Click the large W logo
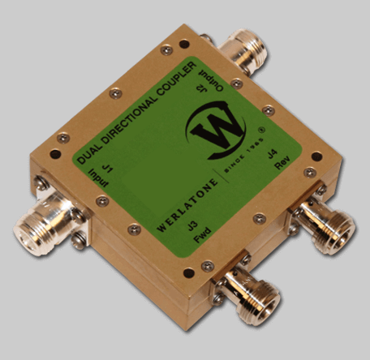(x=216, y=130)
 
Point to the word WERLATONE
(x=187, y=205)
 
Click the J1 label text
(x=108, y=169)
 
